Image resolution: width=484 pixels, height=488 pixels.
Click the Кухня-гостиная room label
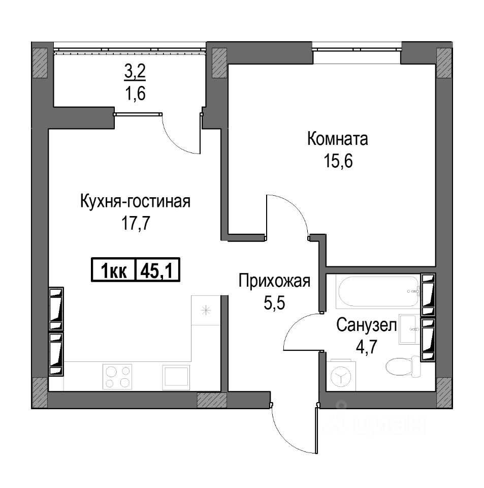[x=135, y=201]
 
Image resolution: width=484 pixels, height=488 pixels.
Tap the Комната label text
[x=338, y=139]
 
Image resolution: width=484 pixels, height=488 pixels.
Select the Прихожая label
[x=274, y=281]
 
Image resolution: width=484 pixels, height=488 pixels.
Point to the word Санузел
[x=367, y=325]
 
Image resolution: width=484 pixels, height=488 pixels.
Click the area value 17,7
[x=136, y=223]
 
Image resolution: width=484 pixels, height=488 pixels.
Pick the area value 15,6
[x=338, y=161]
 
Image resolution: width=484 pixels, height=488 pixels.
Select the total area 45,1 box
[x=157, y=270]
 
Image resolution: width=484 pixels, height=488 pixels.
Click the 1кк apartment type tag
[x=113, y=270]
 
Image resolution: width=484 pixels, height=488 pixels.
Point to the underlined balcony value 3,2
[x=135, y=72]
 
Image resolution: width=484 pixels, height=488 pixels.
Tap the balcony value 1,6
[x=135, y=93]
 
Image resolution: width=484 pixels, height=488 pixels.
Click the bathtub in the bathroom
[x=378, y=292]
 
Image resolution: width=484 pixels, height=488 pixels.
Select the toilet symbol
[x=403, y=367]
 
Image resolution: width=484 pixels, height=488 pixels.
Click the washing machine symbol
[x=341, y=375]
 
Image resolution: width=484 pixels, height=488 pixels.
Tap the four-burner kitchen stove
[x=117, y=377]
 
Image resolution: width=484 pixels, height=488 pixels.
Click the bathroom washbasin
[x=409, y=329]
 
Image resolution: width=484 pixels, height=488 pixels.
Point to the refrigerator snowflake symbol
[x=206, y=310]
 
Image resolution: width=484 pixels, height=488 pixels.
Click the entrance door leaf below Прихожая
[x=316, y=430]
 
